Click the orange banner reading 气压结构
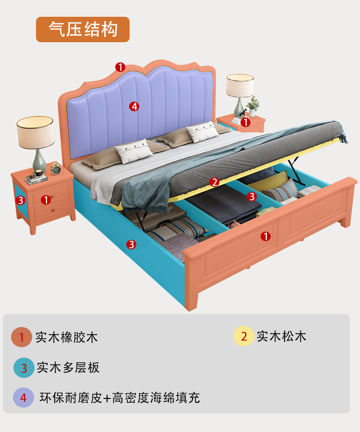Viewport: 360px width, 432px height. (83, 29)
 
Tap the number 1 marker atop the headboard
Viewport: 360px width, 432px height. (120, 67)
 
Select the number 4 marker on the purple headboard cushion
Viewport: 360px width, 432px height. (134, 106)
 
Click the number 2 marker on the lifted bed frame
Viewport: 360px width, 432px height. (215, 182)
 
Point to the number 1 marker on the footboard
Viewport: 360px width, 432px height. (265, 236)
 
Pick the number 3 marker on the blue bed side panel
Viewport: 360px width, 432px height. (131, 245)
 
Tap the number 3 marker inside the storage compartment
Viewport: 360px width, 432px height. (252, 196)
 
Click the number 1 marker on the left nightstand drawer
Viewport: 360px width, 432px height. (46, 199)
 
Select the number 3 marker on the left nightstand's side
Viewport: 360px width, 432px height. (20, 200)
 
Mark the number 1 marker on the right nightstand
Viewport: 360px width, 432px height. (245, 122)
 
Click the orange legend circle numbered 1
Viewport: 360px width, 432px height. (22, 337)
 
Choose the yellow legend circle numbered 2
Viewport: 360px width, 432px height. (244, 336)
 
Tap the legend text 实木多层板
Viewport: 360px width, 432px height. (68, 368)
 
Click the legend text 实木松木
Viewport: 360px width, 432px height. (281, 336)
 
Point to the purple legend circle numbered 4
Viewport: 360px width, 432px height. (24, 397)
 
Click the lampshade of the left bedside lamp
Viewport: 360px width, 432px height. (35, 131)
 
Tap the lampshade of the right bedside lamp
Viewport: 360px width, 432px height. (240, 85)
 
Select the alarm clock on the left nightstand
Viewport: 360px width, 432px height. (56, 169)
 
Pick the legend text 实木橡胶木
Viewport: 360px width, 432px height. (66, 337)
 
